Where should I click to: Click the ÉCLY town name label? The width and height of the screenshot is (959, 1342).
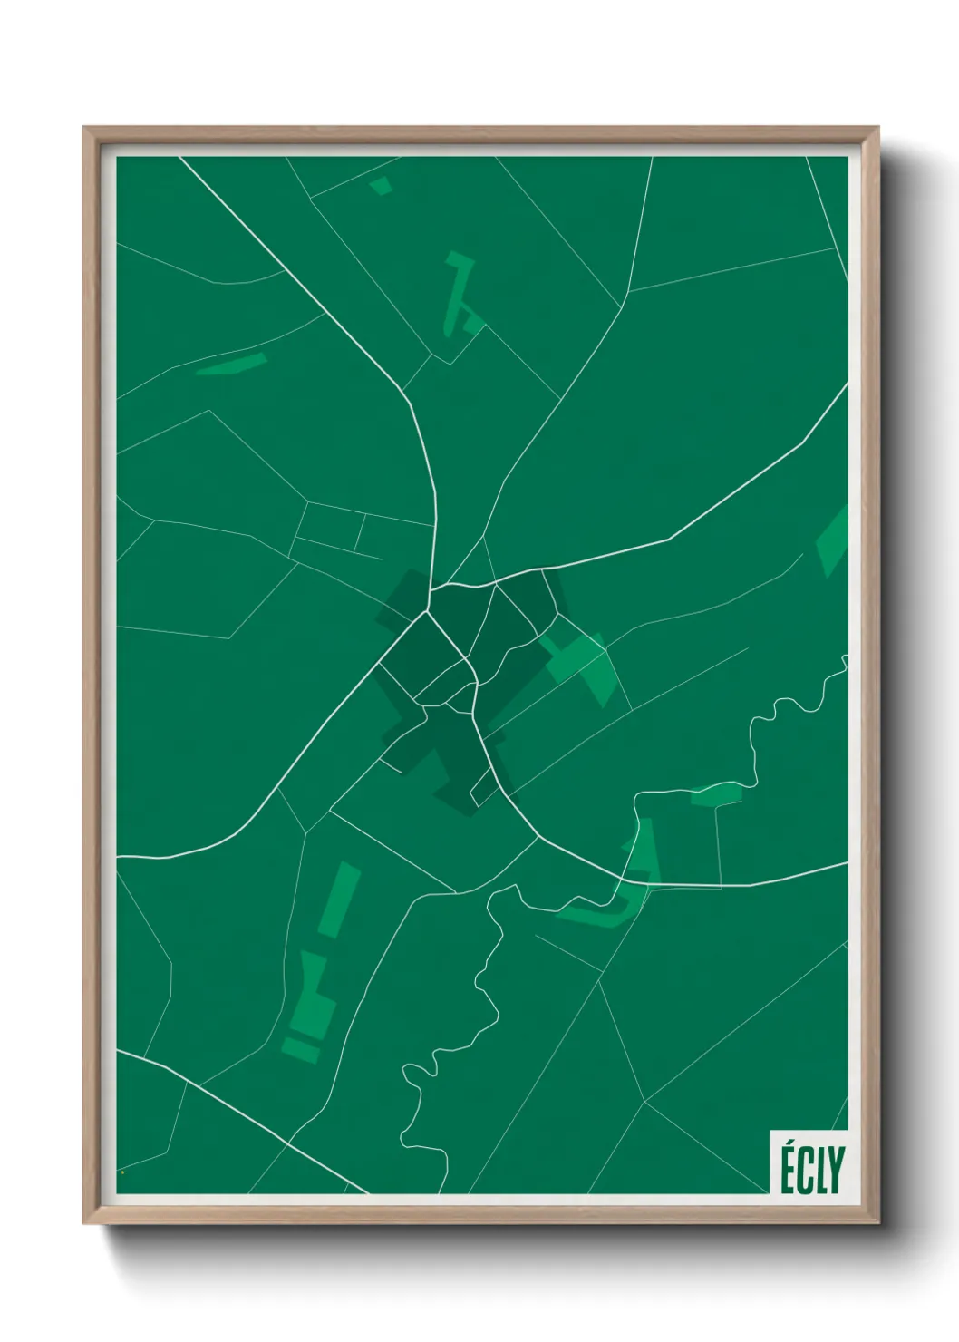[x=810, y=1169]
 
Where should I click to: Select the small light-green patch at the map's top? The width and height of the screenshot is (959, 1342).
[x=381, y=186]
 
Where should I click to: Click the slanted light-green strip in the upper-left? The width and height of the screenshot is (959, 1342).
[x=232, y=365]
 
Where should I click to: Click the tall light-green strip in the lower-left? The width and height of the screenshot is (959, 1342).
[x=339, y=900]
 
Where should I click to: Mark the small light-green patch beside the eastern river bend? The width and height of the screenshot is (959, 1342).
[x=716, y=796]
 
